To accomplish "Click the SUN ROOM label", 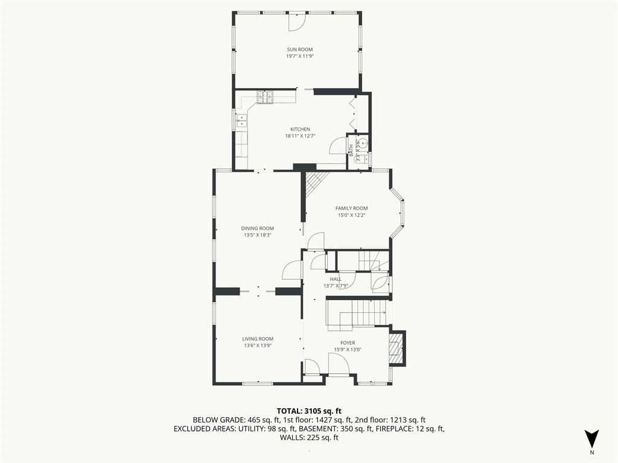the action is coord(299,49).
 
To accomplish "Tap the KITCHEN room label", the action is coord(301,129).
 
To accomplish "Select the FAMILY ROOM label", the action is coord(352,208).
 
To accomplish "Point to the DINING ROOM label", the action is coord(257,228).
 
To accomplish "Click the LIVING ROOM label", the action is coord(258,339).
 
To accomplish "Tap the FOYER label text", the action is coord(348,343).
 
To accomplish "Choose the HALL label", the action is coord(336,279).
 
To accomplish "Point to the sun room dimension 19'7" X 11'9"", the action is coord(300,56).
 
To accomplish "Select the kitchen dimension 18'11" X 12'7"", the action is coord(301,136).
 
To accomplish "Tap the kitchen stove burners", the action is coord(266,97).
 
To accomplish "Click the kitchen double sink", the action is coord(241,121).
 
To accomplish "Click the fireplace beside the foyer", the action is coord(396,348).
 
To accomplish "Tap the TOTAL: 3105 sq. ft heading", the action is coord(308,411).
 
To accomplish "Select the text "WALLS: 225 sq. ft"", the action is coord(309,438).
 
